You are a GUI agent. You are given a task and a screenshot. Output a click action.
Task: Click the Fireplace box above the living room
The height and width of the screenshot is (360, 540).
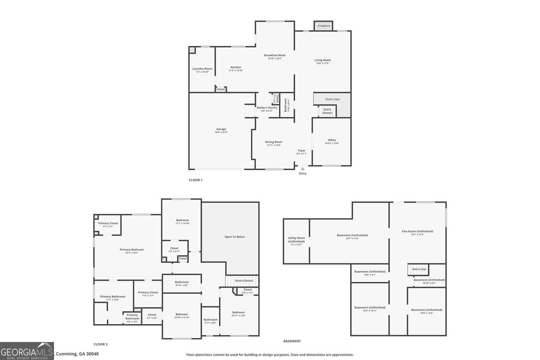coord(323,26)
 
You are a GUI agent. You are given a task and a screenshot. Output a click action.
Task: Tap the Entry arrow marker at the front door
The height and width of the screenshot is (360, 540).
coord(303,168)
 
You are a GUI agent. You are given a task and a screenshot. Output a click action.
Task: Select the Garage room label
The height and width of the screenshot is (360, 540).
coord(221,129)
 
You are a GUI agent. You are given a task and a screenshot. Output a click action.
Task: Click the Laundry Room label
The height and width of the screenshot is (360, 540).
coord(202,69)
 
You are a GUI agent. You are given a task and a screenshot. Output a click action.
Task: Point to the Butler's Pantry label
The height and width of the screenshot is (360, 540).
coord(267,108)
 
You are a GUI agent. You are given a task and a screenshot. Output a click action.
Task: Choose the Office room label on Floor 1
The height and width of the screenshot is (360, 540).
coord(332,140)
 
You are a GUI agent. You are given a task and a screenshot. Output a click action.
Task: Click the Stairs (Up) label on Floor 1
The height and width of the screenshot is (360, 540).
coord(332,99)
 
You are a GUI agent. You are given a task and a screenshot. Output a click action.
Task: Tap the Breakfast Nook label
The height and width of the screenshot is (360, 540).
coord(275,55)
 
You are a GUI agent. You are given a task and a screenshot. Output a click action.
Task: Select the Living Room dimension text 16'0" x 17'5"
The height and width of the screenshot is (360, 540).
coord(323,63)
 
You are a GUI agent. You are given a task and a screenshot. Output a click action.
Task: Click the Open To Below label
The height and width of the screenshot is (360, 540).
coord(235,237)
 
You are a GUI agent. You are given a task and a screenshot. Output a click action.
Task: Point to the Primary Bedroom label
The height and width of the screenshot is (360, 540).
coord(132,250)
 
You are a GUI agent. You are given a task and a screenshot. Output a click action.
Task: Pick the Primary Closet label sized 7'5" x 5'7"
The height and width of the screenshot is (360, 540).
coord(108,224)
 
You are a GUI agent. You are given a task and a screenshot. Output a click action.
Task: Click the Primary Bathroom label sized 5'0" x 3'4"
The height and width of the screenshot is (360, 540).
coord(132,317)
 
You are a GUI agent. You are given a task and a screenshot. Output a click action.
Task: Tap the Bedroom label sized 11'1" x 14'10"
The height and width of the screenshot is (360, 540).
coord(182,220)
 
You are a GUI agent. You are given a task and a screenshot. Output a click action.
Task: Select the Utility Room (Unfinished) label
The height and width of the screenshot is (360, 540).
coord(296,239)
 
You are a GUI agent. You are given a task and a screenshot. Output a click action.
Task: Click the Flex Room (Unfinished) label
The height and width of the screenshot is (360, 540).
coord(418,231)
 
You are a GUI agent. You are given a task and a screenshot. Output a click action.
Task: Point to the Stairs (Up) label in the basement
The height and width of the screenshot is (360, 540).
coord(419,269)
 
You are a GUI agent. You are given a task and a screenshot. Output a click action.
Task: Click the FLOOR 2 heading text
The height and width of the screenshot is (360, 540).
coord(101,344)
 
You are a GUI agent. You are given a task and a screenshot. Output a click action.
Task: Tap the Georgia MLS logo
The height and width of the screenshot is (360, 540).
coord(27,351)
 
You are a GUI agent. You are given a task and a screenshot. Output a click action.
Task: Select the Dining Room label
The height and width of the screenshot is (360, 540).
coord(274,142)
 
